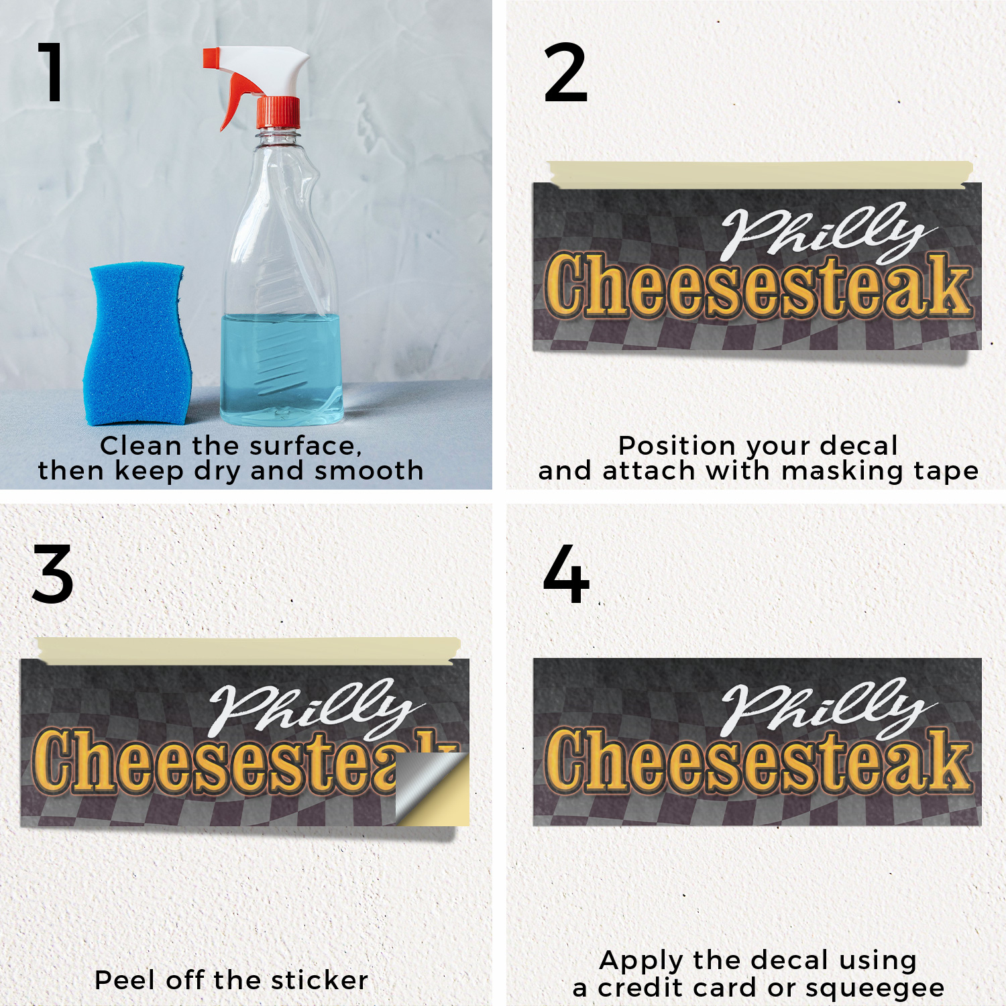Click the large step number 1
point(51,72)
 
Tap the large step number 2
point(565,72)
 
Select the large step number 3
point(52,574)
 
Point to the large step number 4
point(566,574)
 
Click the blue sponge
point(137,344)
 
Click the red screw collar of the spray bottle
point(278,112)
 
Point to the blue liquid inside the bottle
point(282,369)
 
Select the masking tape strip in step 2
point(759,174)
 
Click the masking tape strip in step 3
point(249,651)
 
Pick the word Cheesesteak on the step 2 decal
point(758,285)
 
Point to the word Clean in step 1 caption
point(140,445)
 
